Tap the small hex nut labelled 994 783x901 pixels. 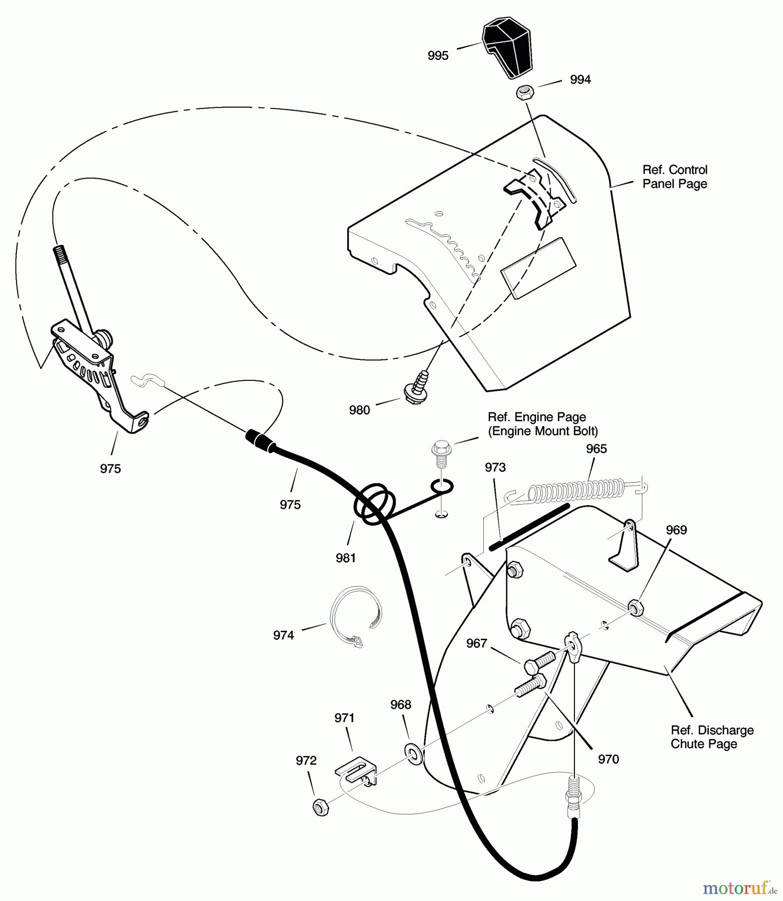pyautogui.click(x=524, y=93)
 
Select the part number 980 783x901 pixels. pyautogui.click(x=359, y=410)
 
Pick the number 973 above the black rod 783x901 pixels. pyautogui.click(x=495, y=468)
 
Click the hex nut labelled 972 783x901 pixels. pyautogui.click(x=320, y=807)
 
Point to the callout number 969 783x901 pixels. pyautogui.click(x=676, y=530)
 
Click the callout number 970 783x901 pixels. pyautogui.click(x=608, y=759)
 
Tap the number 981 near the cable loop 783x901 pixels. pyautogui.click(x=346, y=558)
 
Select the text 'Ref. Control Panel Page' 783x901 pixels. pyautogui.click(x=674, y=177)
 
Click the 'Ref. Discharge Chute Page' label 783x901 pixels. pyautogui.click(x=711, y=737)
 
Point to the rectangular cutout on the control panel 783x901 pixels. pyautogui.click(x=538, y=268)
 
